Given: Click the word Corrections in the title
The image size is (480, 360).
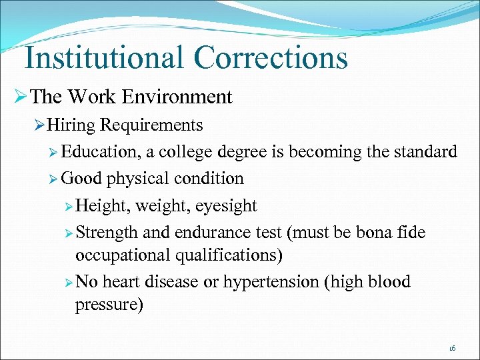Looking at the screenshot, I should point(271,57).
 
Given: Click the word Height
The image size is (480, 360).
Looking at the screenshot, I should point(103,206).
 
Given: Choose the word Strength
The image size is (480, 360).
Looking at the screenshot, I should point(107,233).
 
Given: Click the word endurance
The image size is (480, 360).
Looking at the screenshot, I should point(219,233).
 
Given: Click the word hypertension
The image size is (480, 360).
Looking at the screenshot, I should point(271,282).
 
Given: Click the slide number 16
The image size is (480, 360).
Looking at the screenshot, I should point(452,348).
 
